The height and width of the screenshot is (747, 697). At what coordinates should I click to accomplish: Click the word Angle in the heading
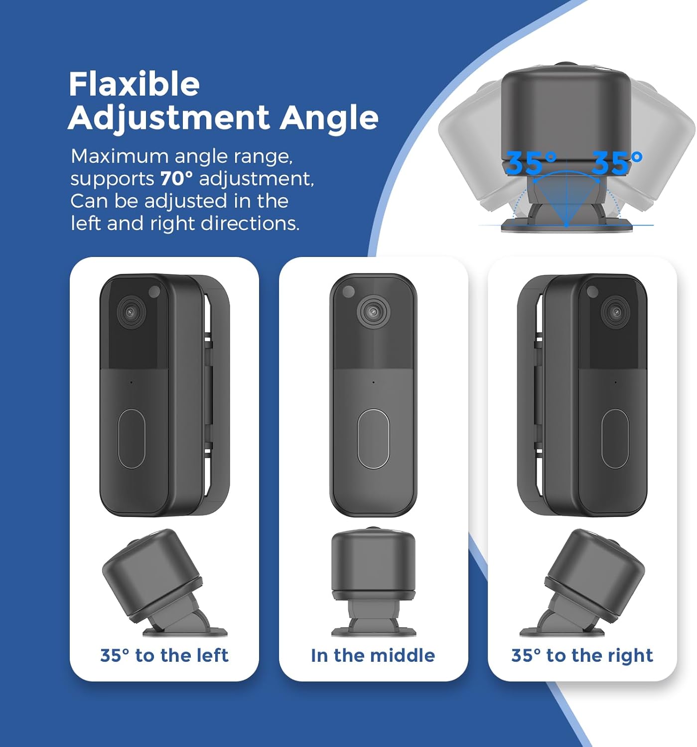pyautogui.click(x=329, y=118)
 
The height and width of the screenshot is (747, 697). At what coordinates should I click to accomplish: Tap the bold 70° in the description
pyautogui.click(x=176, y=178)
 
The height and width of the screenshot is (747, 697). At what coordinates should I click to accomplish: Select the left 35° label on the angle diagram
pyautogui.click(x=531, y=163)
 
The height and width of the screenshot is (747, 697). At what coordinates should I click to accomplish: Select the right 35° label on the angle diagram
pyautogui.click(x=617, y=163)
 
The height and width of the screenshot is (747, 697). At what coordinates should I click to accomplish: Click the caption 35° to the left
pyautogui.click(x=164, y=655)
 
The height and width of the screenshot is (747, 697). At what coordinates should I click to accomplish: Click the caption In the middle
pyautogui.click(x=373, y=655)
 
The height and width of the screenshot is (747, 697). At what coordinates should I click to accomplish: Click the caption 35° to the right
pyautogui.click(x=582, y=655)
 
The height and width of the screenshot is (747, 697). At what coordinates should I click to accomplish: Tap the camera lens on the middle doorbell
pyautogui.click(x=373, y=312)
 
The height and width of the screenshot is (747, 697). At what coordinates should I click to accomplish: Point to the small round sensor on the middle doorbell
pyautogui.click(x=348, y=291)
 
